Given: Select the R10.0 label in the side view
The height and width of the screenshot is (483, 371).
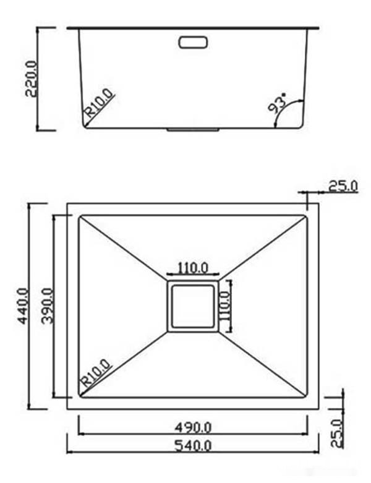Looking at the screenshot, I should (x=99, y=103).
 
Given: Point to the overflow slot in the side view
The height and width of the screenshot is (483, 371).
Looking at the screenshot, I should (x=194, y=42).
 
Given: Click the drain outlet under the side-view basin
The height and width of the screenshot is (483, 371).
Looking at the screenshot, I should (x=192, y=130).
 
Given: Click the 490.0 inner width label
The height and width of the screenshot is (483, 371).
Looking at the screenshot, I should (x=192, y=426).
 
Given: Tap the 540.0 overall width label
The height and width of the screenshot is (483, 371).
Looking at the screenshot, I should (x=192, y=445).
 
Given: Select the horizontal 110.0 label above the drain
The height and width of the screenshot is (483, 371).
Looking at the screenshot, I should (x=193, y=268).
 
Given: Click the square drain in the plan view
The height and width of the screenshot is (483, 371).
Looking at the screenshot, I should (x=192, y=306).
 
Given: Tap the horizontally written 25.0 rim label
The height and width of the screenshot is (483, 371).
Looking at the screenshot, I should (x=343, y=185).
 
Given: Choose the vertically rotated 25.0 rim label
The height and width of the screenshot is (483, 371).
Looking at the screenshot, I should (x=336, y=432).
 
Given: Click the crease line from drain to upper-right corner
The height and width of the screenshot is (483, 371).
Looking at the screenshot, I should (x=263, y=247).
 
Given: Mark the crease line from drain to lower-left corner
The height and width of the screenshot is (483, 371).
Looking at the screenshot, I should (x=124, y=365).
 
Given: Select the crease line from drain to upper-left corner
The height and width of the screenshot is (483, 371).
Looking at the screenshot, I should (x=124, y=247).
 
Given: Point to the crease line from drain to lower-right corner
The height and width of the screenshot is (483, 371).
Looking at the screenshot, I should (x=263, y=365).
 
